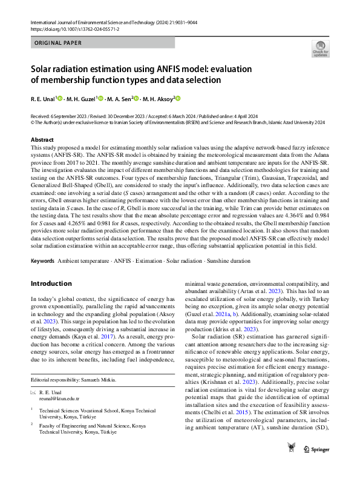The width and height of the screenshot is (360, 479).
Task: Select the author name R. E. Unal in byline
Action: [x=44, y=99]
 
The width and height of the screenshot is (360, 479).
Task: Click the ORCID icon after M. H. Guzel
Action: [x=100, y=99]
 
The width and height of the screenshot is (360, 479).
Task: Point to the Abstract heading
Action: [x=42, y=140]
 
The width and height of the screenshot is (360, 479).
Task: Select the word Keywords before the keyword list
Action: [x=42, y=260]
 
